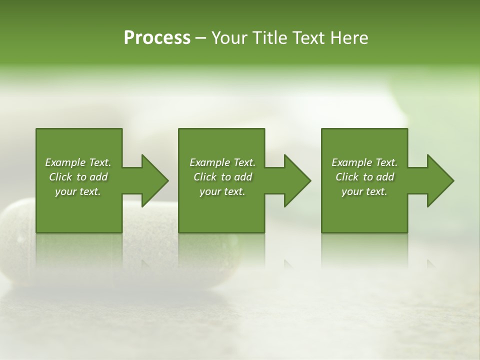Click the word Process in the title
(157, 38)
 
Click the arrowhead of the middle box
(297, 180)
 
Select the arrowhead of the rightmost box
(440, 180)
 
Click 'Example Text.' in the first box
(78, 162)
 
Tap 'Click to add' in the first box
(78, 177)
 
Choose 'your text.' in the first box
(78, 191)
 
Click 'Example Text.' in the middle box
(222, 162)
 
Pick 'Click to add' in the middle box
(222, 177)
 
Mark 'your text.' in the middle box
(222, 191)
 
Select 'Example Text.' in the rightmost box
(364, 162)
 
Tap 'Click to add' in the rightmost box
(364, 177)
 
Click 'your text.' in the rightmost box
(364, 191)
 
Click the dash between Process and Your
(200, 38)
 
